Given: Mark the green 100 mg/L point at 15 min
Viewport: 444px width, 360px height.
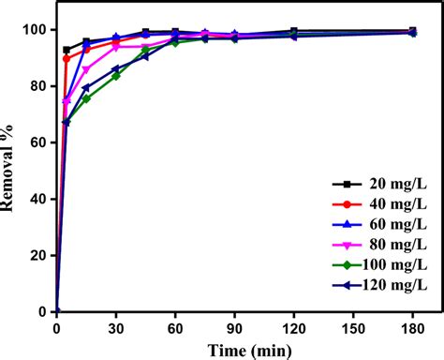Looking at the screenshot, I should pyautogui.click(x=86, y=98).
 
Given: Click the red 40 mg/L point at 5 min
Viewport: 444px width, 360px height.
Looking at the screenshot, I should pyautogui.click(x=67, y=58).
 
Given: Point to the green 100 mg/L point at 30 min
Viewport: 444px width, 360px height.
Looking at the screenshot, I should pyautogui.click(x=116, y=76).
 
